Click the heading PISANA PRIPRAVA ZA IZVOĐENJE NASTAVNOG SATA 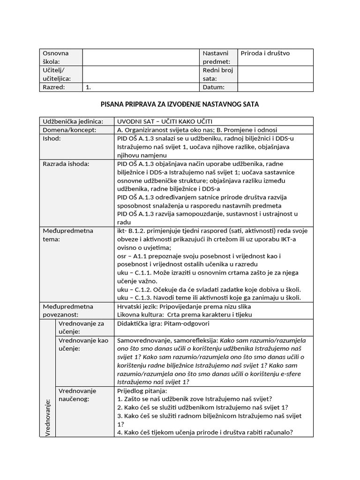click(180, 104)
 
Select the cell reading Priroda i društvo click(265, 53)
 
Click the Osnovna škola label click(56, 57)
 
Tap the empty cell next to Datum click(275, 87)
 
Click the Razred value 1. click(88, 87)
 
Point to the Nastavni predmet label click(216, 57)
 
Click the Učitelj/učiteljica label click(56, 75)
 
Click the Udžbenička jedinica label click(73, 121)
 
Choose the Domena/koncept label click(69, 130)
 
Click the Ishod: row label click(52, 138)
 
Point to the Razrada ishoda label click(66, 164)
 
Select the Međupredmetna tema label click(68, 235)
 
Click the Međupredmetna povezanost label click(68, 311)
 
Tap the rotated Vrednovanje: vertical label click(47, 417)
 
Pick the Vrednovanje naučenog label click(77, 395)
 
